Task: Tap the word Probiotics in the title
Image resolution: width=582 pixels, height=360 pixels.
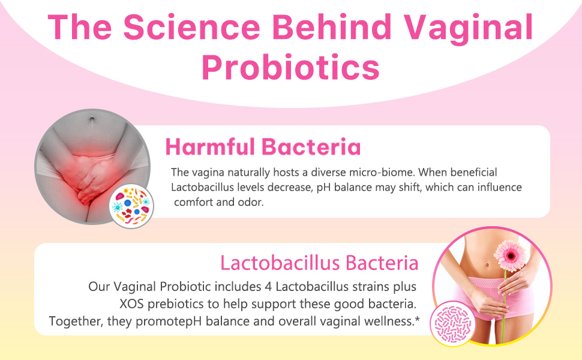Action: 290,68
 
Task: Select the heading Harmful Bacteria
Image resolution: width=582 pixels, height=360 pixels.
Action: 263,146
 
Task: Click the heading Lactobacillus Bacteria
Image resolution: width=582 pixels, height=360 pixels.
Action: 319,263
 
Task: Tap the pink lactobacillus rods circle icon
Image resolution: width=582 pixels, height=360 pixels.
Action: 452,322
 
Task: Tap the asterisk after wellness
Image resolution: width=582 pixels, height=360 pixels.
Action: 416,320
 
